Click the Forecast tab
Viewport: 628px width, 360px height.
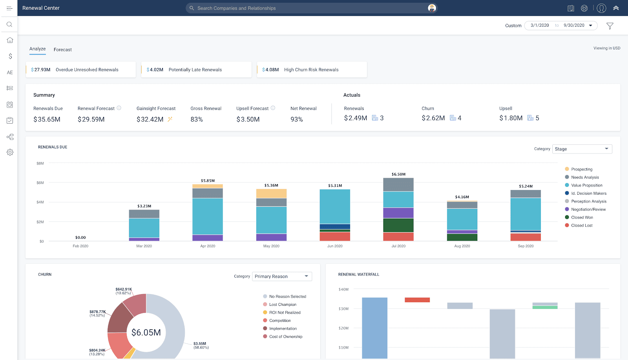click(x=63, y=50)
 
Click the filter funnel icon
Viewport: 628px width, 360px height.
click(x=610, y=26)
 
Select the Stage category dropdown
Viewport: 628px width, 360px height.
click(x=582, y=149)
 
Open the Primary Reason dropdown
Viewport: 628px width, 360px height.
click(x=282, y=276)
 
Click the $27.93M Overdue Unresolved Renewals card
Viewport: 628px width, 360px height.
click(x=80, y=70)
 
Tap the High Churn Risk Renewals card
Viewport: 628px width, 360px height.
click(x=312, y=70)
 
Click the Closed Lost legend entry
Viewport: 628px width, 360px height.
click(x=582, y=225)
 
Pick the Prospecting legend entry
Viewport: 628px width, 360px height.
click(x=581, y=169)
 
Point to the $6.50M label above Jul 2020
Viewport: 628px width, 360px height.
click(x=398, y=174)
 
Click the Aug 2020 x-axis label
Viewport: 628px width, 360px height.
click(x=462, y=246)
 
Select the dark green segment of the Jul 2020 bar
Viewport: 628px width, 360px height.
click(x=398, y=225)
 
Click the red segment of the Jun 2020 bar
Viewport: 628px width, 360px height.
click(x=335, y=236)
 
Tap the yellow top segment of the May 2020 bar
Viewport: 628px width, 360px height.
click(x=271, y=194)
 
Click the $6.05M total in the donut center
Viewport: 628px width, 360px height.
click(x=146, y=333)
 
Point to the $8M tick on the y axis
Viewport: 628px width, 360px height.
click(x=40, y=163)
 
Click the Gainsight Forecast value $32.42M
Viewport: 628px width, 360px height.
click(x=150, y=119)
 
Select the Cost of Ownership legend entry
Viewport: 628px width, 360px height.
click(x=285, y=337)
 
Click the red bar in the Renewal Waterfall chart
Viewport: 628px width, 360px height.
click(x=417, y=300)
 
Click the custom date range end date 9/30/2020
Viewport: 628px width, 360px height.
click(x=574, y=26)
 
